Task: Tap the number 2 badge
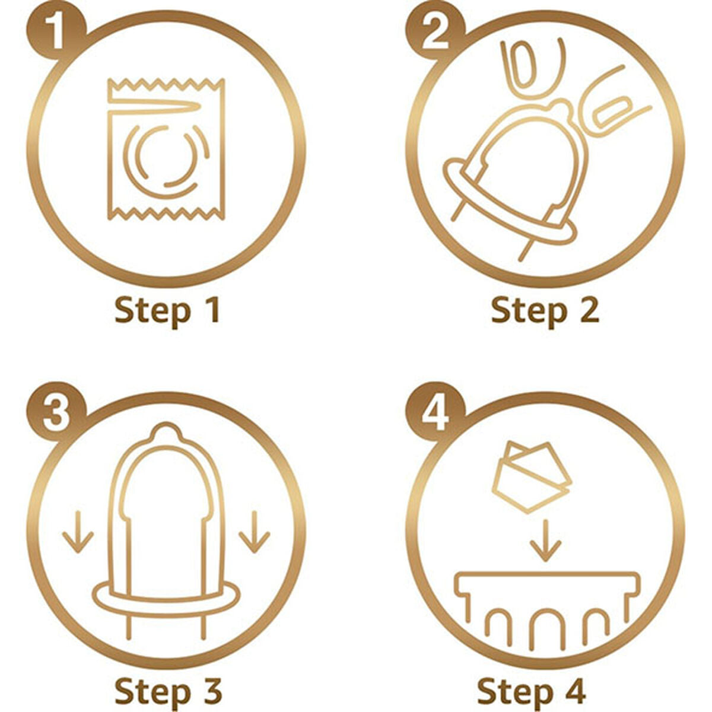click(x=436, y=36)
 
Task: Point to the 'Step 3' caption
click(x=169, y=691)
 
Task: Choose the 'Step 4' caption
click(x=531, y=691)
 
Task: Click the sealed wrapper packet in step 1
click(x=166, y=149)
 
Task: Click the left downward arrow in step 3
click(x=78, y=532)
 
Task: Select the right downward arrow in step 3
click(x=254, y=532)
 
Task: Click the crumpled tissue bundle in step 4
click(x=532, y=476)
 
